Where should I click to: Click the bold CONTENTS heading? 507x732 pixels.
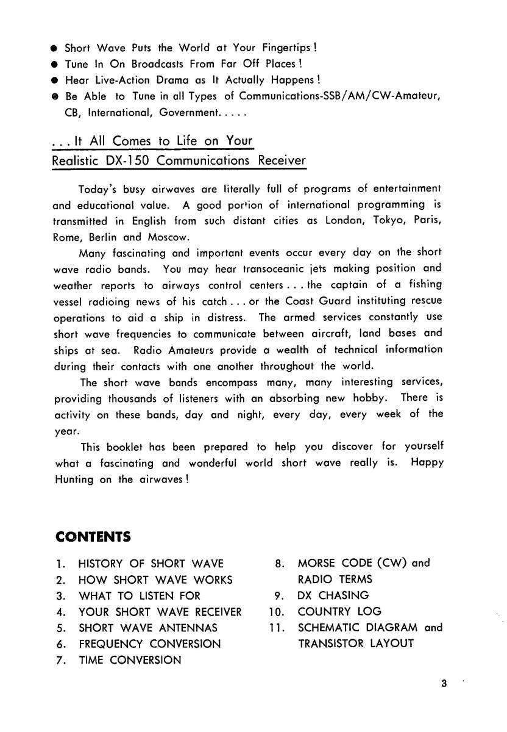pyautogui.click(x=93, y=537)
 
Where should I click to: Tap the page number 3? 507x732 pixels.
pyautogui.click(x=444, y=684)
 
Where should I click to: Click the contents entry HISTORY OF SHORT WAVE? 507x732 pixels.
pyautogui.click(x=151, y=564)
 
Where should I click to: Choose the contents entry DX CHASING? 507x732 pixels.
pyautogui.click(x=333, y=595)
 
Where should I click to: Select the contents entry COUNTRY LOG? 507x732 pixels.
pyautogui.click(x=339, y=611)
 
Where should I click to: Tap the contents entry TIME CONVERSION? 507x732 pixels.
pyautogui.click(x=130, y=659)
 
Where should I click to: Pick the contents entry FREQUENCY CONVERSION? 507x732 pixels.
pyautogui.click(x=149, y=644)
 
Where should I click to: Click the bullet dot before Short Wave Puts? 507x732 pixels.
pyautogui.click(x=55, y=48)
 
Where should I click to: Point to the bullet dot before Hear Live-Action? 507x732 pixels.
pyautogui.click(x=55, y=80)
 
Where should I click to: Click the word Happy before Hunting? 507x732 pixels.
pyautogui.click(x=427, y=463)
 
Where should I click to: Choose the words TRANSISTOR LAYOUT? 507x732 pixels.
pyautogui.click(x=355, y=643)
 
